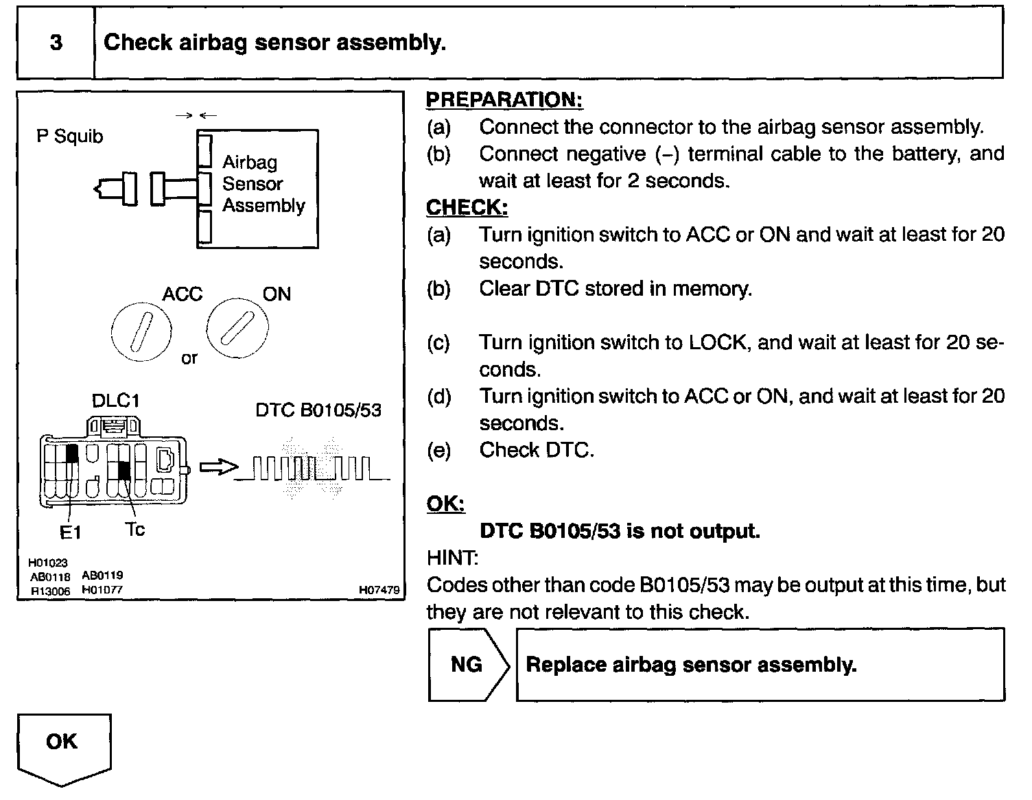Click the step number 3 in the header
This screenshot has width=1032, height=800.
(56, 43)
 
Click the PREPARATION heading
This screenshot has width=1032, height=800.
(504, 99)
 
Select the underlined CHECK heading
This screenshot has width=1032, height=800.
(467, 207)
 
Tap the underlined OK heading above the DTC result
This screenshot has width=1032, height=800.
(445, 504)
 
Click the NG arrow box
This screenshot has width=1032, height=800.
(469, 664)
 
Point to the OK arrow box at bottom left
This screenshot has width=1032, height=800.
(63, 744)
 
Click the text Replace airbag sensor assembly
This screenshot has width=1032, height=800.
(691, 664)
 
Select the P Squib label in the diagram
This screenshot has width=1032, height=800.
(69, 137)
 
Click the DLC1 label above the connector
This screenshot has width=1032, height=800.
(115, 400)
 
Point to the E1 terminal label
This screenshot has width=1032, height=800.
(70, 532)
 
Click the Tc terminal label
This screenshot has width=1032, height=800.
(135, 529)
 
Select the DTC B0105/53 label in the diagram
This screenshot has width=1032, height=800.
(318, 410)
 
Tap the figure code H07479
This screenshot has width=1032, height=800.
(379, 589)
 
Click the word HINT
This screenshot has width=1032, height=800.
(451, 558)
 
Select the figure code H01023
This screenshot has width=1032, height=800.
(48, 563)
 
